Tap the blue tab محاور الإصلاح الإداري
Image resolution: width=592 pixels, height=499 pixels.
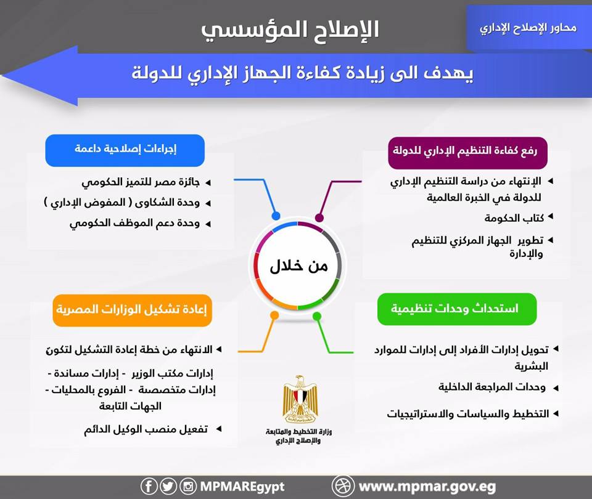tap(528, 28)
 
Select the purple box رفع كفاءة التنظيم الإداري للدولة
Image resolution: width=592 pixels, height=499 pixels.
tap(467, 151)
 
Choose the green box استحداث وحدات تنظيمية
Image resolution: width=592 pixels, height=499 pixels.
tap(456, 309)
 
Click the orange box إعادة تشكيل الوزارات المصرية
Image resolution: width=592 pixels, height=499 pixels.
tap(132, 310)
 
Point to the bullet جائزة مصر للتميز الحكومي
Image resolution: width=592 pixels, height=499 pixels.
tap(147, 183)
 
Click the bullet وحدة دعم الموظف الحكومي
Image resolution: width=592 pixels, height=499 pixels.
tap(135, 224)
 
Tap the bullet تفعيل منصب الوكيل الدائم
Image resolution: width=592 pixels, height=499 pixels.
tap(146, 429)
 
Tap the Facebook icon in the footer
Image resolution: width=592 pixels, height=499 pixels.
tap(149, 487)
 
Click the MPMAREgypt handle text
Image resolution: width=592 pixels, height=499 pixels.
tap(242, 487)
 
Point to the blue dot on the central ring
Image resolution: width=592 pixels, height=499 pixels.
tap(276, 216)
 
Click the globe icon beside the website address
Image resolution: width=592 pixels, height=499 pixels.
tap(343, 486)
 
